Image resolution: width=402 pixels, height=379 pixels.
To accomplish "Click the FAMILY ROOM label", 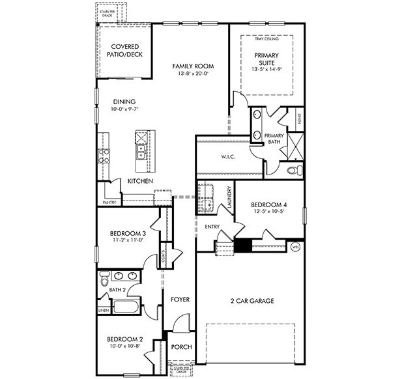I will click(x=193, y=66).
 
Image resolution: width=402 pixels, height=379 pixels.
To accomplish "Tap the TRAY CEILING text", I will click(x=266, y=39).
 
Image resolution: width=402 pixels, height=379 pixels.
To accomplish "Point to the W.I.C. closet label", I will click(x=227, y=156).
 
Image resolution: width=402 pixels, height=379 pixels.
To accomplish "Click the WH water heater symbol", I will click(x=295, y=247).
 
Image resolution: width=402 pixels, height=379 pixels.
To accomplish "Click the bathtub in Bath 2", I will click(x=126, y=307).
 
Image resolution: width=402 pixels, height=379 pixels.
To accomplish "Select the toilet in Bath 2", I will click(x=104, y=280).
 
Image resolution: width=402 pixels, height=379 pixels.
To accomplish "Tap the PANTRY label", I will click(x=109, y=203).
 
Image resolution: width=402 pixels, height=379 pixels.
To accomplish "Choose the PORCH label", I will click(x=181, y=347).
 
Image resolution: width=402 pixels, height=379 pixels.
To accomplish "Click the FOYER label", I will click(x=180, y=300).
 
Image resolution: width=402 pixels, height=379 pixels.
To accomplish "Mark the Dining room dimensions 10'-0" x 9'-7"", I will click(x=124, y=109).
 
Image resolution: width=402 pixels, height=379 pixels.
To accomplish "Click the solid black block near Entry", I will click(x=243, y=246).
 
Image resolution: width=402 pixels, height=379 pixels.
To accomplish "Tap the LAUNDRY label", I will click(x=229, y=197).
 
